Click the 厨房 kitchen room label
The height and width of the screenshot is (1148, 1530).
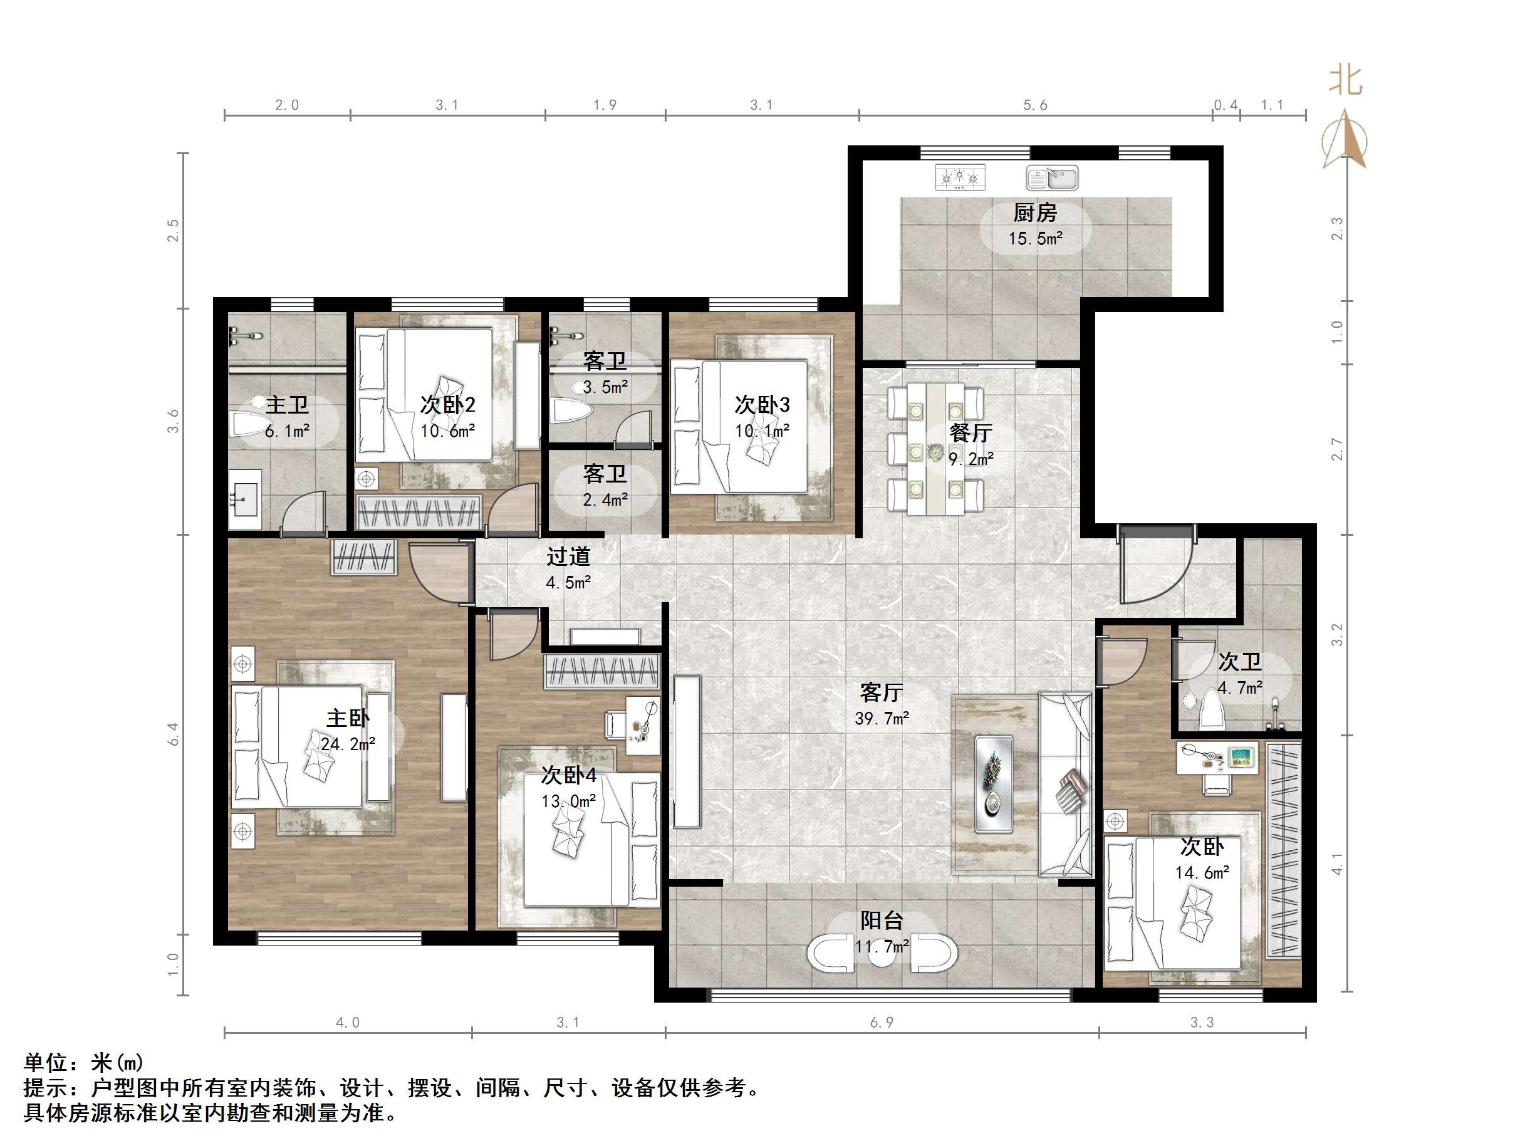pos(1035,212)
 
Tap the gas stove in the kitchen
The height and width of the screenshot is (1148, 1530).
pos(959,177)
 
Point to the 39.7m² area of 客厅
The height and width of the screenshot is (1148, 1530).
pos(882,719)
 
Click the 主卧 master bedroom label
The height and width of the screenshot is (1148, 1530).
pos(348,717)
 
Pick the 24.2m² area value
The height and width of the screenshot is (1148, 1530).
pos(348,744)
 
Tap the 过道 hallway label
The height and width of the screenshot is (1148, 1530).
pos(568,556)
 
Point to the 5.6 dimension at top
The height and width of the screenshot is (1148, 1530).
pos(1035,105)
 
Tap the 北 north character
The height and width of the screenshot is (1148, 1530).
pos(1345,81)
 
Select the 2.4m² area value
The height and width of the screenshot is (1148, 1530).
pos(605,499)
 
